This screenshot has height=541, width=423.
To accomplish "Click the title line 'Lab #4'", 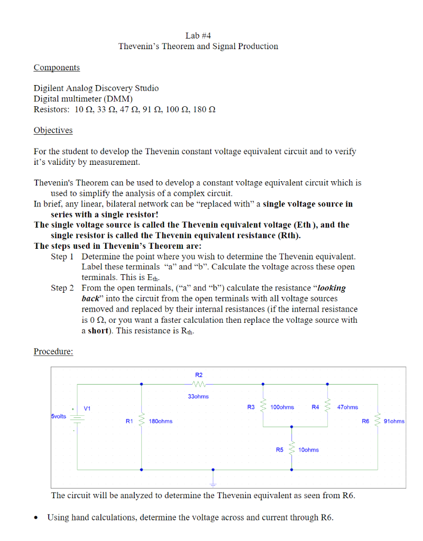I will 198,36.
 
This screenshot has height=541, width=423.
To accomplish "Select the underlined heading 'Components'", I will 57,68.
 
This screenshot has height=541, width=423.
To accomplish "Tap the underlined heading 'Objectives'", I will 53,130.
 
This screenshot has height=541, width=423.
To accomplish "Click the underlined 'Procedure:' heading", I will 53,351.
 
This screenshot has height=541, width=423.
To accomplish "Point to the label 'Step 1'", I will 62,256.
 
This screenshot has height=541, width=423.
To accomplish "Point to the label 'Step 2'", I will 62,288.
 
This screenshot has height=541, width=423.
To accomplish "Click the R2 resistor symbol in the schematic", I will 199,384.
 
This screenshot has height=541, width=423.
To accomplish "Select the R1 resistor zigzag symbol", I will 141,421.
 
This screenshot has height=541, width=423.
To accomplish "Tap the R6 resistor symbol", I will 378,421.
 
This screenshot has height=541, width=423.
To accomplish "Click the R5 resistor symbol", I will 291,450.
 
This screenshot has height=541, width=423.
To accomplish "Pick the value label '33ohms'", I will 198,396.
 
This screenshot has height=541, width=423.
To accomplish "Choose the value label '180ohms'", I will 161,421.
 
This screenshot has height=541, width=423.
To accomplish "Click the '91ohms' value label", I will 394,421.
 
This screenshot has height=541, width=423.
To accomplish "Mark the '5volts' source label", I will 59,416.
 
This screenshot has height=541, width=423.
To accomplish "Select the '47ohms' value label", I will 347,407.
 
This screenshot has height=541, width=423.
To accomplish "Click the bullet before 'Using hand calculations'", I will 36,518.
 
